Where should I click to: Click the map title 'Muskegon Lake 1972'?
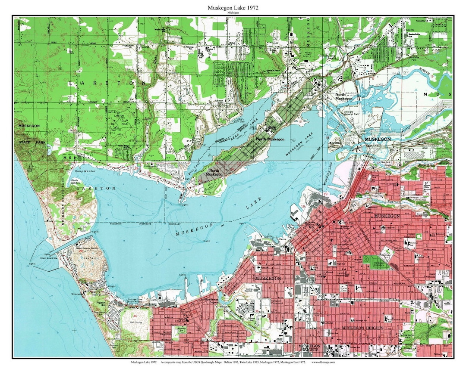[x=233, y=8]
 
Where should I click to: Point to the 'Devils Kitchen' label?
[x=81, y=182]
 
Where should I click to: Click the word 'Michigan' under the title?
[x=233, y=13]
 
